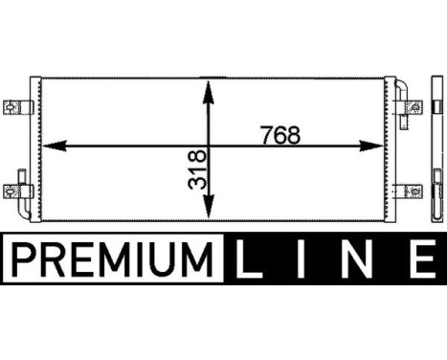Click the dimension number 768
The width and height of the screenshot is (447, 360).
(280, 136)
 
